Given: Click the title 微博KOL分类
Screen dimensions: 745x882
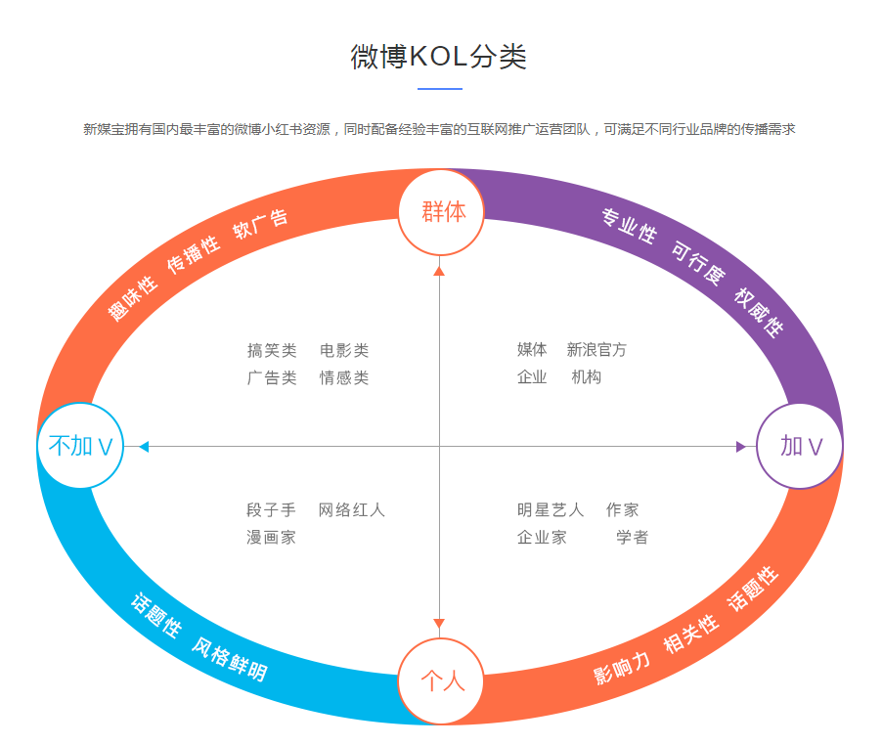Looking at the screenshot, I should click(x=439, y=57).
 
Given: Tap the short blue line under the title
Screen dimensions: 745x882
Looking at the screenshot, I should click(x=439, y=89).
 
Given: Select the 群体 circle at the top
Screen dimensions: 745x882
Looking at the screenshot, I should click(x=441, y=211).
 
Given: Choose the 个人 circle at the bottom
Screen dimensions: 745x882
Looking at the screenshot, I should click(x=441, y=680).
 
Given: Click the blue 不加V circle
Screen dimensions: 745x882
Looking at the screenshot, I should click(x=80, y=446).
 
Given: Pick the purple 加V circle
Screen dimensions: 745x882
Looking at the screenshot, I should click(x=800, y=446).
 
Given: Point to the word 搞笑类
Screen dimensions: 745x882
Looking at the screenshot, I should click(x=272, y=350).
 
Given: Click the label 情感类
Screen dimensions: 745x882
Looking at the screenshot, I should click(x=344, y=377).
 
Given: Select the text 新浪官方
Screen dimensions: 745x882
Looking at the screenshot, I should click(x=596, y=350).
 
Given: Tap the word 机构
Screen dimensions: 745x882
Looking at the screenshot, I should click(x=587, y=377).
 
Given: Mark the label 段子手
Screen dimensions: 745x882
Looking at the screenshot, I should click(x=271, y=510).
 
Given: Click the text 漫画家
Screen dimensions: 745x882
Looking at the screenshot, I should click(x=271, y=537).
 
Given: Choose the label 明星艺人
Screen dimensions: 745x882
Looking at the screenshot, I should click(x=551, y=510).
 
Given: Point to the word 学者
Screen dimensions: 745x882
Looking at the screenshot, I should click(x=632, y=537).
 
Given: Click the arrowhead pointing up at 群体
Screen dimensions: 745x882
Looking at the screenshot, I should click(x=439, y=271).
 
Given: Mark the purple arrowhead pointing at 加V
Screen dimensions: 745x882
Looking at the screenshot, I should click(x=740, y=447).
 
